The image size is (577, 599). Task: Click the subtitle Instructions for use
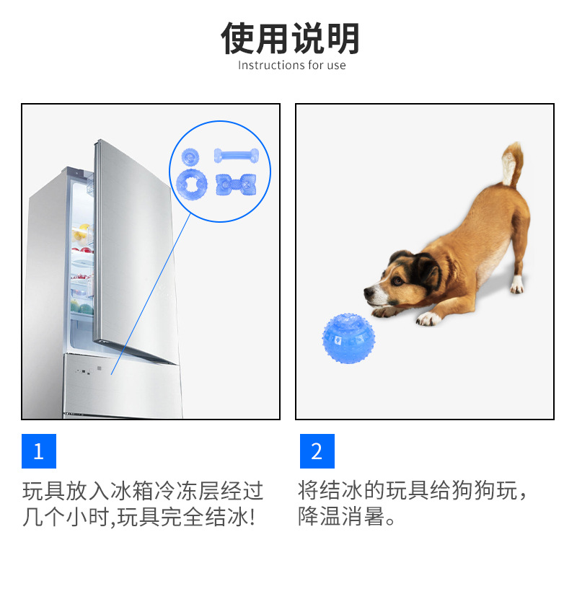point(291,66)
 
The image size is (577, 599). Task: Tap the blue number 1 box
point(39,451)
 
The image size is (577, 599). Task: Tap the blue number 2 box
point(317,451)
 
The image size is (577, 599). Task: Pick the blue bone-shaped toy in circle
point(236,155)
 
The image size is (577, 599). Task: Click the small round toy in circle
point(190,156)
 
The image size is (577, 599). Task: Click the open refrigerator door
point(133,245)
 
